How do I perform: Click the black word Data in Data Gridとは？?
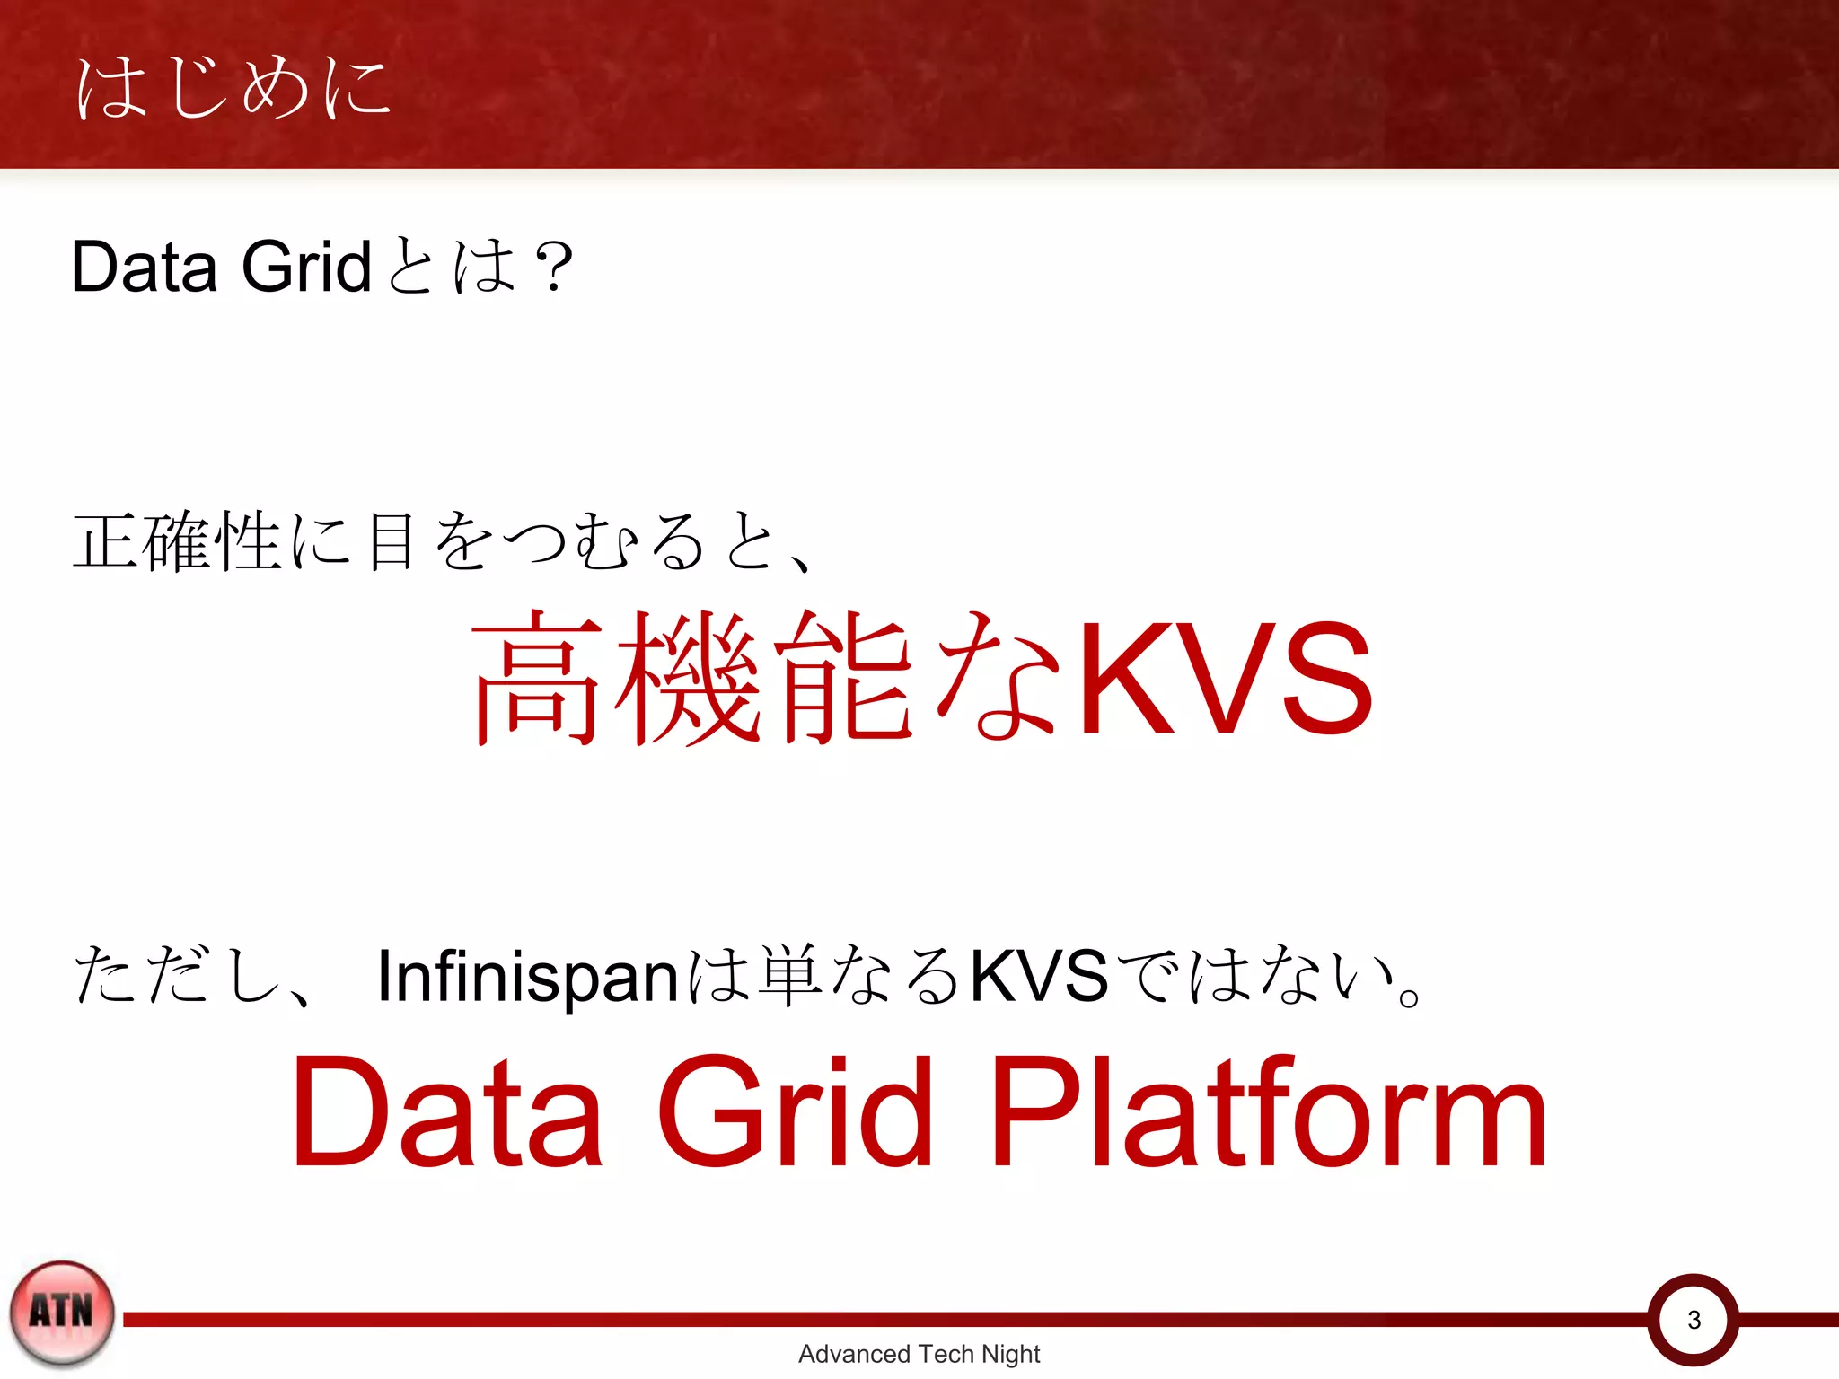pos(144,267)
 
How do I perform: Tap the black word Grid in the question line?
pos(305,267)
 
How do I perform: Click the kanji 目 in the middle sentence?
pos(392,541)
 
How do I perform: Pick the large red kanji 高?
pos(536,677)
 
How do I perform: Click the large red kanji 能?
pos(844,677)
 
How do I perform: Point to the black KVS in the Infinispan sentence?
pos(1039,976)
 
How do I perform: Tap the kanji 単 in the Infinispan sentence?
pos(790,976)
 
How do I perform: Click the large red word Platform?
pos(1268,1113)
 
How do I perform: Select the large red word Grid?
pos(795,1113)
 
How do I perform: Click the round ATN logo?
pos(62,1313)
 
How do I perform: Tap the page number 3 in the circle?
pos(1694,1320)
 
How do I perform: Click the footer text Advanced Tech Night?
pos(919,1354)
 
